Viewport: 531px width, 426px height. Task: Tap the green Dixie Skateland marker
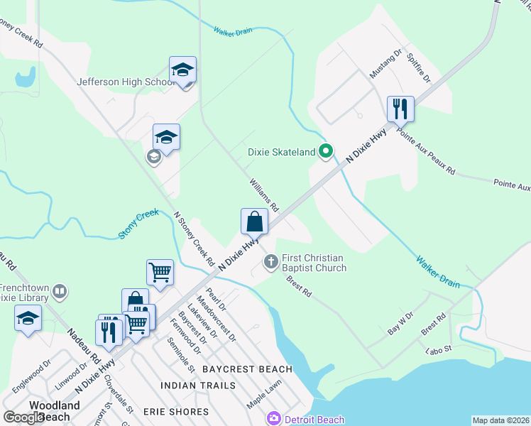pos(326,151)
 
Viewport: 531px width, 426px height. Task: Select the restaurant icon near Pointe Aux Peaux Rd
pos(400,109)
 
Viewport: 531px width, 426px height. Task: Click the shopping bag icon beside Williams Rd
pos(254,222)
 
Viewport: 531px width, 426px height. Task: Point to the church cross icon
pos(270,263)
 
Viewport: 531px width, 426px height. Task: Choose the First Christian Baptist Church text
pos(314,263)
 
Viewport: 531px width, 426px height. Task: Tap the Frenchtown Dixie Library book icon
pos(61,291)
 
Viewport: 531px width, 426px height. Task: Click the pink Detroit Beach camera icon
pos(273,419)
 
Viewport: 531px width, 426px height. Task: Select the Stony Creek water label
pos(138,224)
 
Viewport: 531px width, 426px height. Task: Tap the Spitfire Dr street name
pos(419,67)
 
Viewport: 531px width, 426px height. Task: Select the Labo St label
pos(438,349)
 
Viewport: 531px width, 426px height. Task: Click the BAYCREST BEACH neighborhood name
pos(247,369)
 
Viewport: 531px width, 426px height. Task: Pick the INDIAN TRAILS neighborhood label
pos(198,386)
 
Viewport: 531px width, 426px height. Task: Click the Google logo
pos(23,417)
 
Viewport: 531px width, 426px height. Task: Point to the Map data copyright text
pos(500,420)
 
